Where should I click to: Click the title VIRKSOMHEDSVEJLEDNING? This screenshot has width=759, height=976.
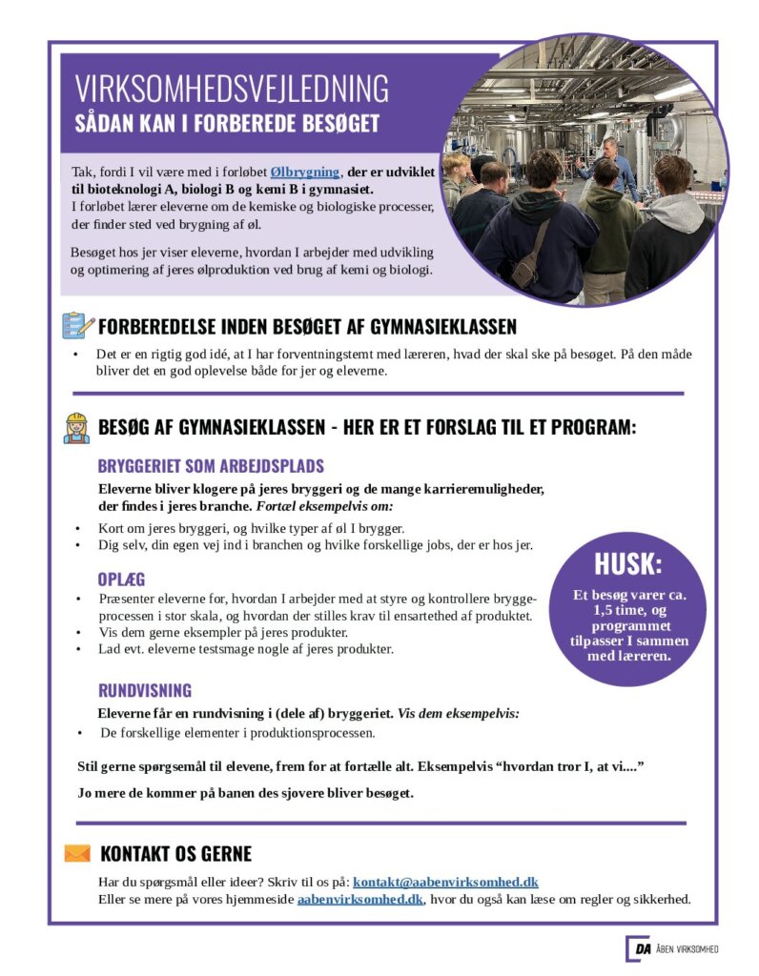tap(232, 89)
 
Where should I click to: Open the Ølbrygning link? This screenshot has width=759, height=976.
tap(304, 172)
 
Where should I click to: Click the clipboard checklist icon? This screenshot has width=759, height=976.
tap(77, 326)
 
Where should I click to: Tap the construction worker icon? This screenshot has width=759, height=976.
tap(76, 427)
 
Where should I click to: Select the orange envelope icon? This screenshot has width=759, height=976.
tap(77, 853)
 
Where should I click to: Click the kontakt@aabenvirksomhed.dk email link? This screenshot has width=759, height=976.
tap(445, 883)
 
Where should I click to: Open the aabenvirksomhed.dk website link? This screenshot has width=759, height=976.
tap(359, 899)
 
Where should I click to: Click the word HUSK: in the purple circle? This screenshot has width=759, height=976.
tap(627, 564)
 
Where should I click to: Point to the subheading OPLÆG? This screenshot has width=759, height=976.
tap(121, 579)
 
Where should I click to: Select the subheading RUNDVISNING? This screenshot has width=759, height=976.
tap(145, 690)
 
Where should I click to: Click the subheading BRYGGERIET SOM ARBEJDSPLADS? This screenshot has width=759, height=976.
tap(211, 466)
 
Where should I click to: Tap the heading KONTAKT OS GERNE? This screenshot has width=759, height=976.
tap(175, 854)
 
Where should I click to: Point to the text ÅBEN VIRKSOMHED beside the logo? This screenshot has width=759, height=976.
tap(687, 949)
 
